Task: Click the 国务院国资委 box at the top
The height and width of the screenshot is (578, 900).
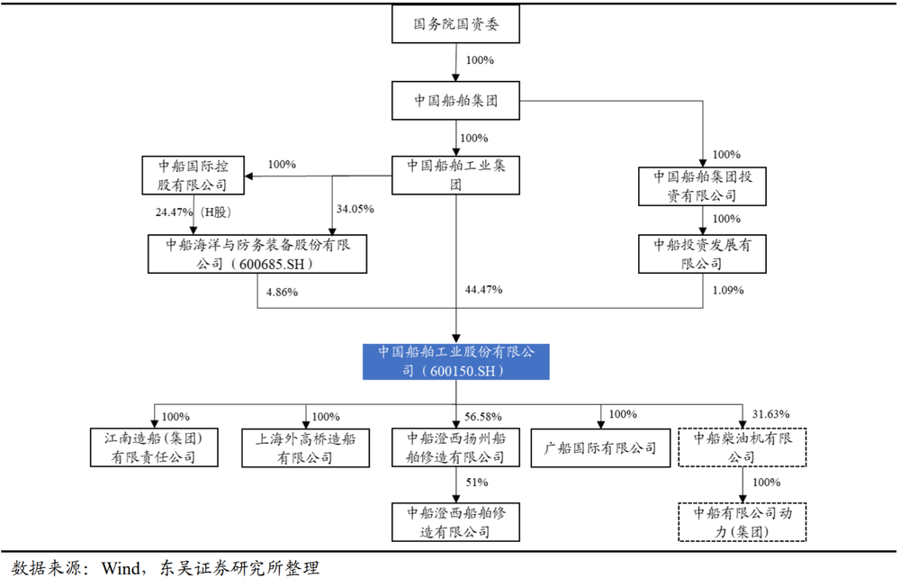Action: point(456,26)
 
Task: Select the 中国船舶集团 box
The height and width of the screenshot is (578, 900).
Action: point(456,101)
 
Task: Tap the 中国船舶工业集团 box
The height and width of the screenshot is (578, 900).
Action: point(456,175)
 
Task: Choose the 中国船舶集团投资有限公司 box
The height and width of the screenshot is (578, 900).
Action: point(702,185)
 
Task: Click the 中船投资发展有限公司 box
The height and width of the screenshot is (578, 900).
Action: point(702,254)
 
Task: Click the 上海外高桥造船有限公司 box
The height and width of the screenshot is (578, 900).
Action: point(305,447)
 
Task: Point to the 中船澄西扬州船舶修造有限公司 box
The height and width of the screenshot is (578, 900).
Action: point(455,447)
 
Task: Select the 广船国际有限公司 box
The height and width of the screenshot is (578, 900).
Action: point(600,447)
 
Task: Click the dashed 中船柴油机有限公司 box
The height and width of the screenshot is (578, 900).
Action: point(742,447)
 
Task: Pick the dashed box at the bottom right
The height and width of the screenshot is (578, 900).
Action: point(742,522)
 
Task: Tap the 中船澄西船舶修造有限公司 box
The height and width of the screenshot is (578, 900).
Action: point(455,522)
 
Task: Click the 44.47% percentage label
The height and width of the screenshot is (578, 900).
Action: point(483,290)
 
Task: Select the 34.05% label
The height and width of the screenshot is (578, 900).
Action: point(355,209)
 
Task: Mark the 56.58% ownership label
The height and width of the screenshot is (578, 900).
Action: point(483,417)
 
